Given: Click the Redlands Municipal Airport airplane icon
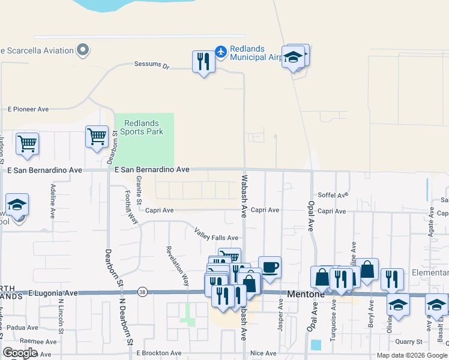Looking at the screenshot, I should [221, 52].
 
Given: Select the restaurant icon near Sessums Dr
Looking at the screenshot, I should [204, 62].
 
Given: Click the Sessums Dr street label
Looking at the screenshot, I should [152, 64].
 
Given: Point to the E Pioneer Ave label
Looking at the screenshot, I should [28, 110].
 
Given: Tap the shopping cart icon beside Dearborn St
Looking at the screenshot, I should [97, 137].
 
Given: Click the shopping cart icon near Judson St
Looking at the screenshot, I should [27, 144].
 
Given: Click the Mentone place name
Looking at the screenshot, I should [306, 295].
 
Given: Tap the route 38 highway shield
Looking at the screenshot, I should [142, 293].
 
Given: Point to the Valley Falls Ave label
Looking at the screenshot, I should [216, 234].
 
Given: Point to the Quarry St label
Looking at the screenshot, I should [409, 342].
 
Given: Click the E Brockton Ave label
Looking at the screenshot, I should [158, 353].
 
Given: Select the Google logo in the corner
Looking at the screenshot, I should [20, 353].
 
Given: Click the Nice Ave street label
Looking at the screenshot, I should [263, 353].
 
